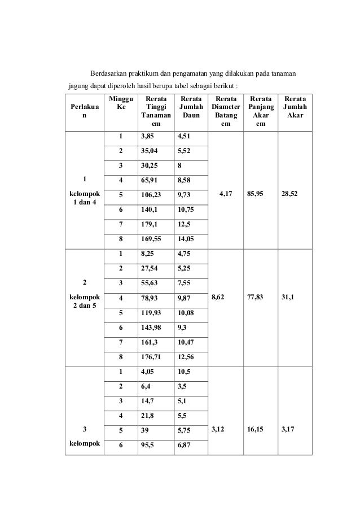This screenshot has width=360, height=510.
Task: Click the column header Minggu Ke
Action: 120,102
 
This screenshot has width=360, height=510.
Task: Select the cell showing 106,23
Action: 150,195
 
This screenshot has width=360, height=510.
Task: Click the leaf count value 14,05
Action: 186,238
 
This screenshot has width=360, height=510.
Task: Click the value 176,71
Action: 150,357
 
